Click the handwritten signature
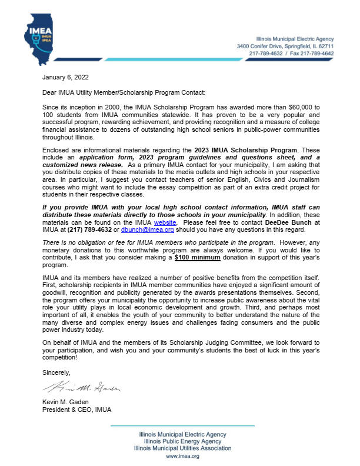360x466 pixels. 81,388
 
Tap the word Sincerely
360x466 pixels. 56,372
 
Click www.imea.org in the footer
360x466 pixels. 182,457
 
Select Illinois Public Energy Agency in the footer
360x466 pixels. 182,441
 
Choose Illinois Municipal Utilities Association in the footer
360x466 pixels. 182,448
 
